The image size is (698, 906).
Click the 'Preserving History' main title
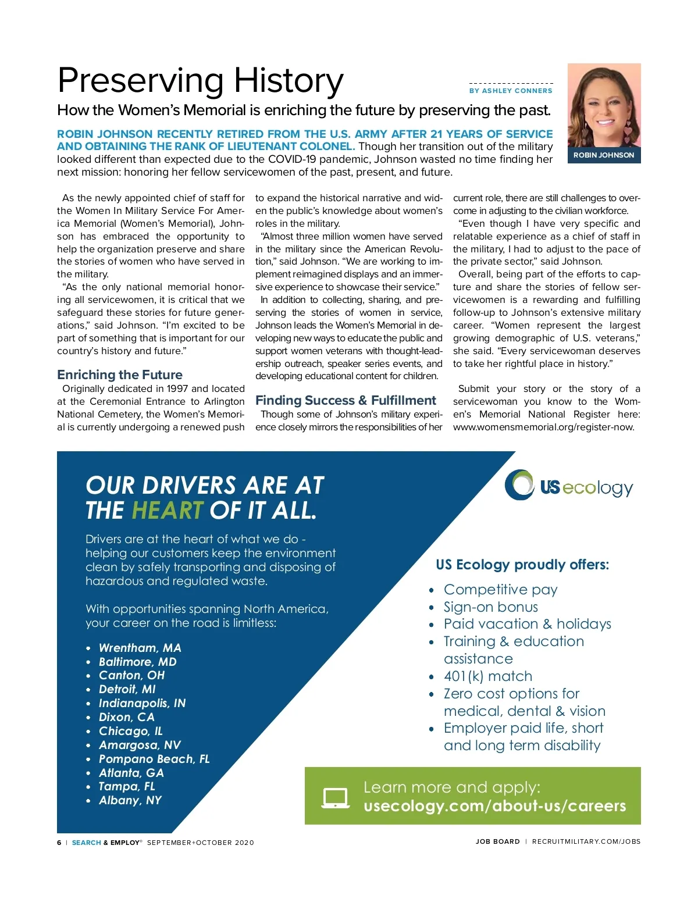pos(201,80)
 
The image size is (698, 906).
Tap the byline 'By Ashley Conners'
pos(511,91)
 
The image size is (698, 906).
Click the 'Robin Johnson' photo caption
pos(604,155)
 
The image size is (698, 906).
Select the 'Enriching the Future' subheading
pos(120,374)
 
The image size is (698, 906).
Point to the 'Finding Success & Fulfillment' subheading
pos(346,400)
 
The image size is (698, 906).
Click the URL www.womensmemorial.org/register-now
pos(543,427)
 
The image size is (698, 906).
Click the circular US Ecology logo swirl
pos(519,484)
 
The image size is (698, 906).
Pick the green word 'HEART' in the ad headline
pos(168,511)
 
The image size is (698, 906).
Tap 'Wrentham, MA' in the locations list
pos(140,648)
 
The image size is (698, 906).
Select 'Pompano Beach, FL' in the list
pos(154,759)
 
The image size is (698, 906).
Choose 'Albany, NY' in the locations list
pos(130,800)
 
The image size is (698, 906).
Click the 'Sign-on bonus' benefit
pos(491,607)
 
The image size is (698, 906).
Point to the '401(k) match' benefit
pos(488,676)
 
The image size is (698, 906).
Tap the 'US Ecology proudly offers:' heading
pos(522,565)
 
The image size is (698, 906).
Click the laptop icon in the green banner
pos(336,797)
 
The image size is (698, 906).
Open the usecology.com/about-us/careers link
pos(494,806)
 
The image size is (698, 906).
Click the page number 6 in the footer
pos(59,843)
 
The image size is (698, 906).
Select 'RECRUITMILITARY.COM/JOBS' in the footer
pos(586,841)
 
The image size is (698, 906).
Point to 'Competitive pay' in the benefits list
pos(500,590)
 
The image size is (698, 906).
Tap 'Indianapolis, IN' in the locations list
pos(142,703)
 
